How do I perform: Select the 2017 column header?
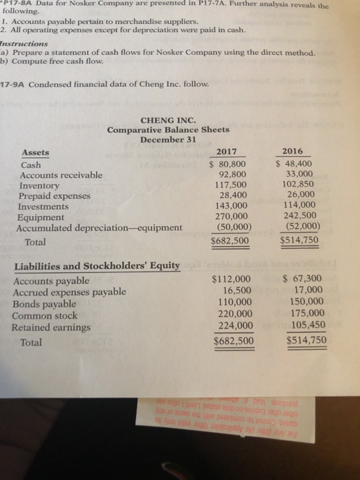[x=230, y=152]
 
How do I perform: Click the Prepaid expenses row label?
[x=57, y=195]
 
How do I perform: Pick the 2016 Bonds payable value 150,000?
[x=304, y=302]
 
